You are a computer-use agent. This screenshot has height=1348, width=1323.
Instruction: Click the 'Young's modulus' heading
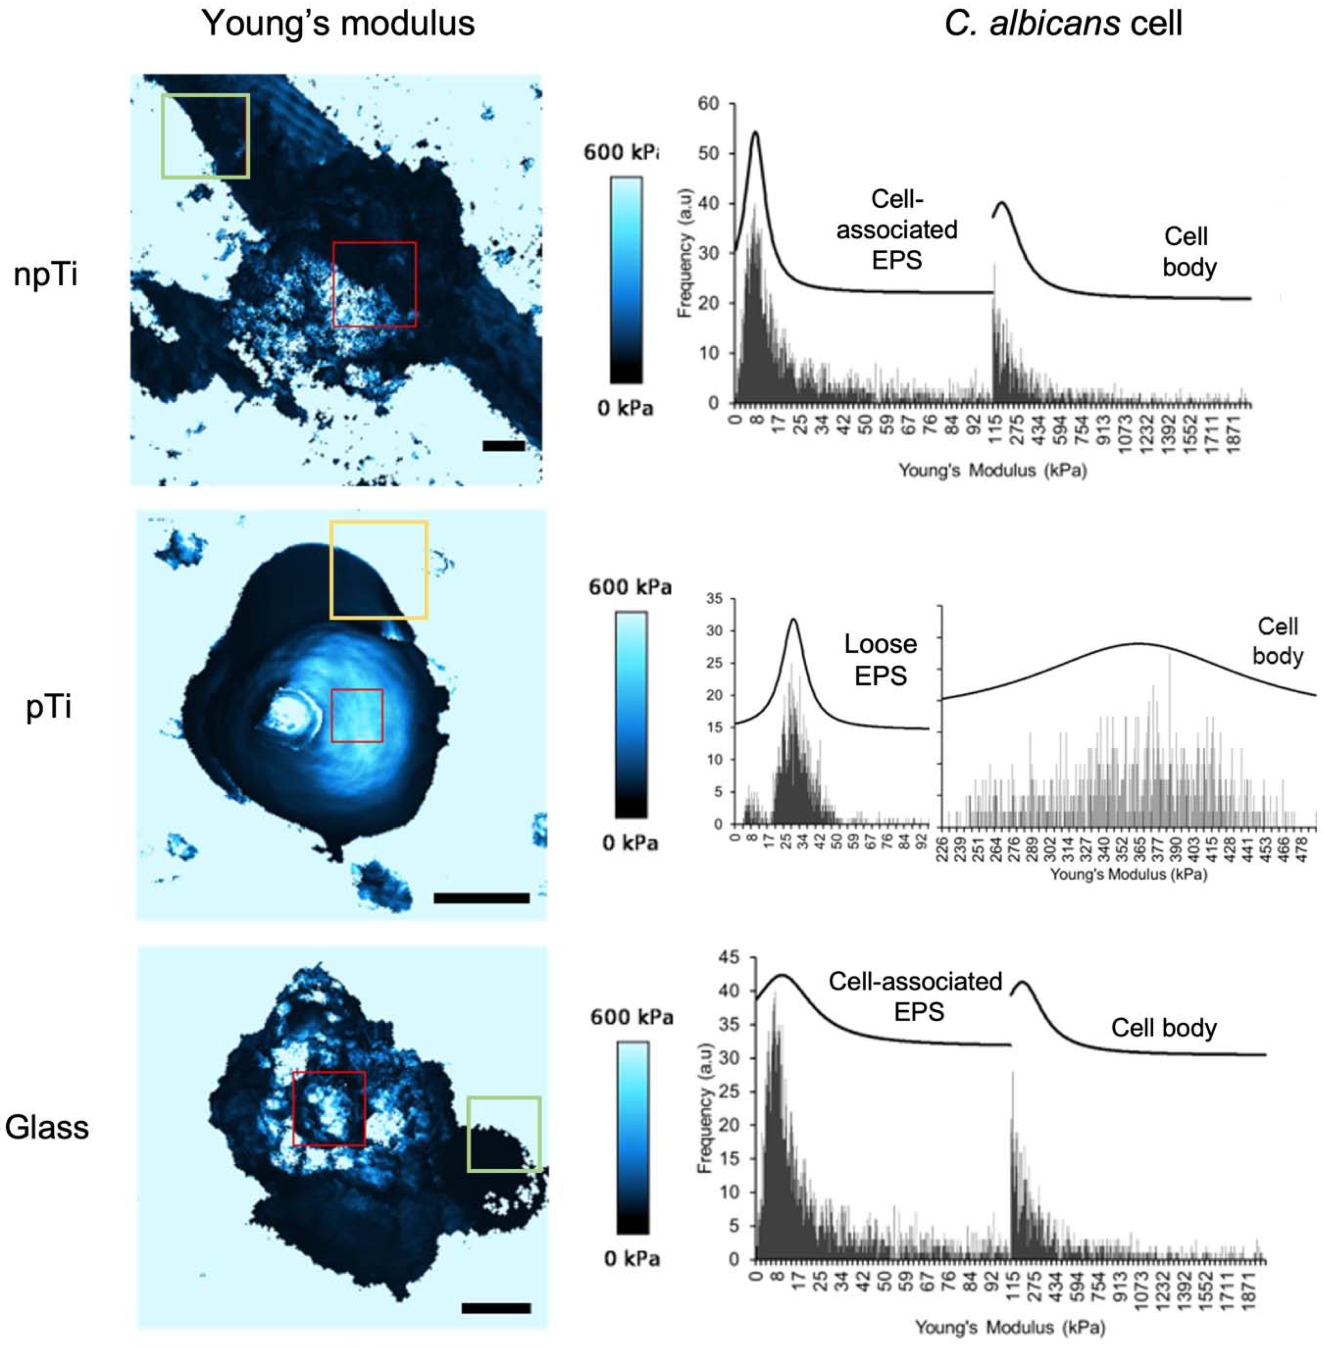(x=338, y=23)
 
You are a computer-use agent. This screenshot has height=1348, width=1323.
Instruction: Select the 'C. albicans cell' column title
(x=1063, y=23)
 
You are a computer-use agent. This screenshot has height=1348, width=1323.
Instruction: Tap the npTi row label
(x=46, y=275)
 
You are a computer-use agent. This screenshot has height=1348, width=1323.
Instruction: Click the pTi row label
(x=49, y=707)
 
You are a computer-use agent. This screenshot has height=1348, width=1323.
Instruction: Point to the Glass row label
(x=47, y=1127)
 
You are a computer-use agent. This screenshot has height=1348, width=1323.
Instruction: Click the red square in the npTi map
(x=374, y=284)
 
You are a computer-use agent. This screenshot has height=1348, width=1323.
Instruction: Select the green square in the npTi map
(x=205, y=136)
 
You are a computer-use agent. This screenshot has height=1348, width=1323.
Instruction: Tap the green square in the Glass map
(x=504, y=1134)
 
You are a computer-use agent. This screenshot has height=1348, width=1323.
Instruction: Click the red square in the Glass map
(x=329, y=1108)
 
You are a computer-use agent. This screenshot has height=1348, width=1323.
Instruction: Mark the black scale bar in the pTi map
(x=482, y=898)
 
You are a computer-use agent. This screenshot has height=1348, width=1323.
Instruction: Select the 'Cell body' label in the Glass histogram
(x=1164, y=1028)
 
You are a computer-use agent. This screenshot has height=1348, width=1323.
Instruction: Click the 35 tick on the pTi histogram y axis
(x=714, y=599)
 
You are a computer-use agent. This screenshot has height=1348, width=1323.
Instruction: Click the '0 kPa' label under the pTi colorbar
(x=630, y=843)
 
